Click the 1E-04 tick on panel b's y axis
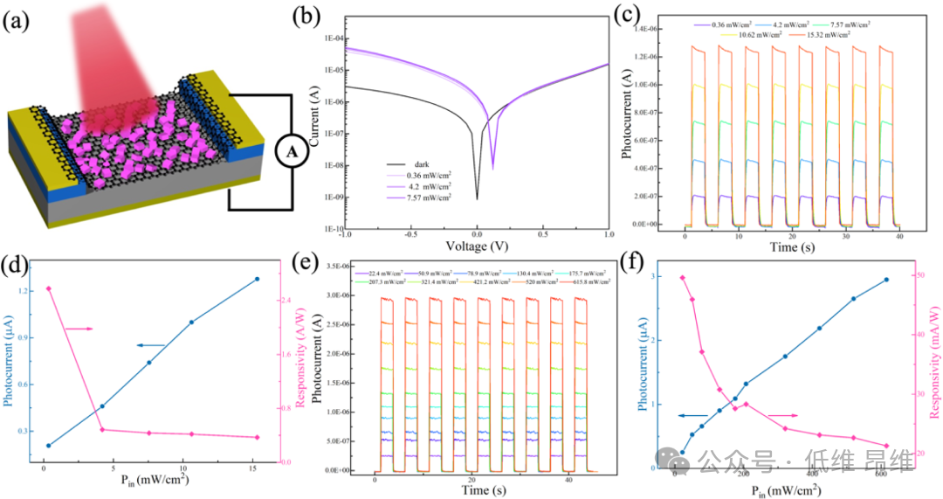(x=329, y=38)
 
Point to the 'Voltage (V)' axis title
(x=477, y=247)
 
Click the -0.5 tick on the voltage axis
(x=410, y=234)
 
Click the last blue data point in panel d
(x=257, y=279)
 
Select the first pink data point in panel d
(x=49, y=288)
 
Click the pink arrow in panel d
(x=79, y=329)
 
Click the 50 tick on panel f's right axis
(x=908, y=275)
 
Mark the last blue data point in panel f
(x=886, y=280)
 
